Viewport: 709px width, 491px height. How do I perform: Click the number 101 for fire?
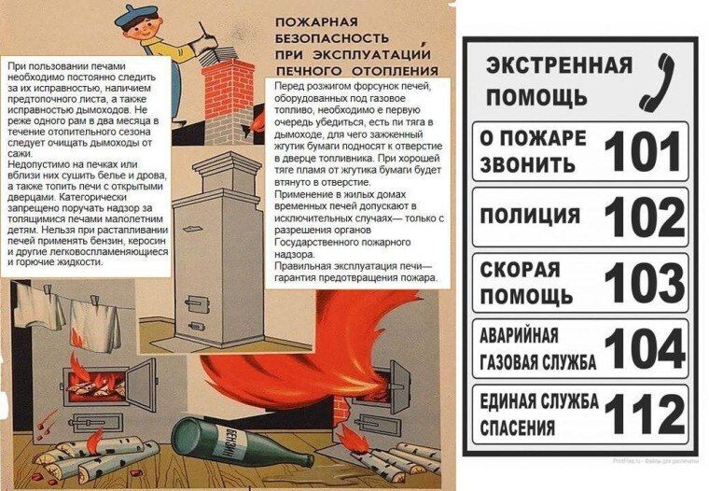click(643, 151)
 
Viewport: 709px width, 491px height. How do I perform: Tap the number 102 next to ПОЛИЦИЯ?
click(645, 217)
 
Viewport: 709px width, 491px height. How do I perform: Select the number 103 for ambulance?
click(645, 283)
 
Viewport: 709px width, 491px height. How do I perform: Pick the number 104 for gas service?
click(645, 348)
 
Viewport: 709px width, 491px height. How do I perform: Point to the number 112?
click(645, 414)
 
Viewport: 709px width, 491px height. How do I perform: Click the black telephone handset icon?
click(657, 81)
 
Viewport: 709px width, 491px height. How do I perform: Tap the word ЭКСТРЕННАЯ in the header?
click(559, 65)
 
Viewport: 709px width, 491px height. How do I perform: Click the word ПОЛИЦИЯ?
click(530, 216)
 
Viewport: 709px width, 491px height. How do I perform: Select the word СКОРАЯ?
click(520, 270)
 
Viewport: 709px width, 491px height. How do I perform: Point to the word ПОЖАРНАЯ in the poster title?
click(316, 21)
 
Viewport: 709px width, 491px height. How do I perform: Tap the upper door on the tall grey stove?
click(195, 301)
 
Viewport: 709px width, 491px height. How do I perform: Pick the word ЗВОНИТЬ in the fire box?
click(527, 164)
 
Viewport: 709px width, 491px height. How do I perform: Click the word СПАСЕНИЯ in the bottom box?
click(517, 428)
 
